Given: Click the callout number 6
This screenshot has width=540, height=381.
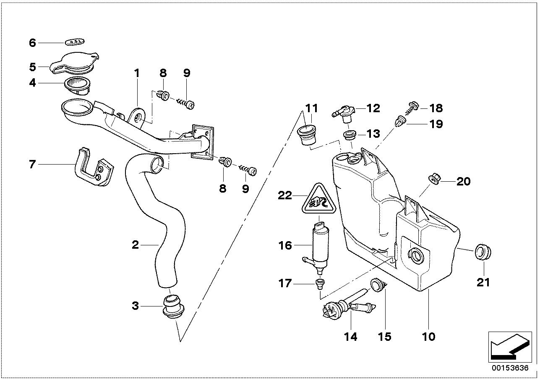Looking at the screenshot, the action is pyautogui.click(x=32, y=43).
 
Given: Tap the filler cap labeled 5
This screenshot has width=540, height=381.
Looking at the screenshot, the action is pyautogui.click(x=75, y=63).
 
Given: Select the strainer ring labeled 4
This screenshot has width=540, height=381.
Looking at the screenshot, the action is pyautogui.click(x=77, y=86).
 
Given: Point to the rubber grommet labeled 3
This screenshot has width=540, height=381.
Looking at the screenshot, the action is pyautogui.click(x=174, y=306).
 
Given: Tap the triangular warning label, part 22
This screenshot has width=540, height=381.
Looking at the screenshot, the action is pyautogui.click(x=319, y=199).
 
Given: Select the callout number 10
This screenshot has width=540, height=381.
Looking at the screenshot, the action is pyautogui.click(x=428, y=337).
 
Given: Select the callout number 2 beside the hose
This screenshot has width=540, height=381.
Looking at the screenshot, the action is pyautogui.click(x=135, y=245).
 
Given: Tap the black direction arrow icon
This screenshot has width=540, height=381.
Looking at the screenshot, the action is pyautogui.click(x=510, y=347).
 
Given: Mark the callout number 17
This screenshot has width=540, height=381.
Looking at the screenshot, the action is pyautogui.click(x=285, y=283).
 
